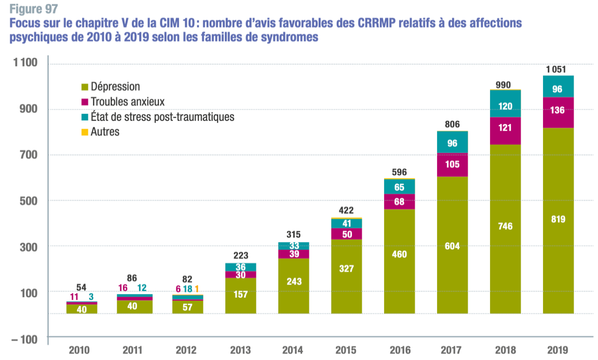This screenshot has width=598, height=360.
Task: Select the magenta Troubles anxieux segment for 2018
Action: click(505, 128)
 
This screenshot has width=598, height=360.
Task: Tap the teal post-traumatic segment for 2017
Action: click(452, 143)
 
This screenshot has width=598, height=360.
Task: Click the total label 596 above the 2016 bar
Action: click(399, 172)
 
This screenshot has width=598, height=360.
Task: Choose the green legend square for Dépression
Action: click(85, 87)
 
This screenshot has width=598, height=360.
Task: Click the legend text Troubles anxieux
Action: click(127, 102)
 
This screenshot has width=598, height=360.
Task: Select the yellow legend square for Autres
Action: click(85, 132)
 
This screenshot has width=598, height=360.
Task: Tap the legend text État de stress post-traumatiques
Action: click(162, 117)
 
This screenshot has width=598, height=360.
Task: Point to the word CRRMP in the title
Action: click(422, 23)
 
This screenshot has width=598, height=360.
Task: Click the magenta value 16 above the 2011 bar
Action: click(123, 288)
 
